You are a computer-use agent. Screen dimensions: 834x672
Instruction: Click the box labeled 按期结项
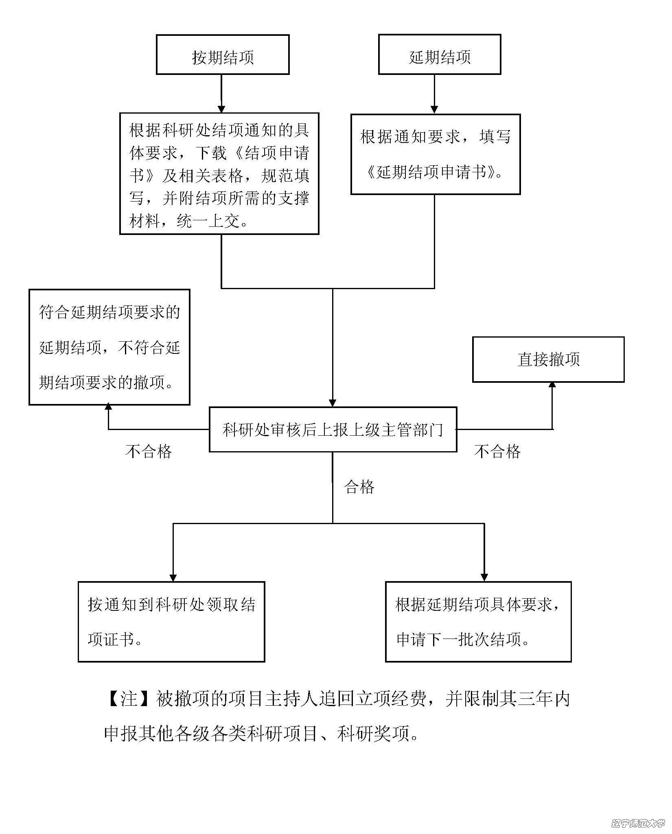(223, 55)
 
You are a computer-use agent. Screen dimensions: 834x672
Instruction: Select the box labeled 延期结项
(439, 55)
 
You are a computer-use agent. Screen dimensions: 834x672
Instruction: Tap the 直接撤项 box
(548, 359)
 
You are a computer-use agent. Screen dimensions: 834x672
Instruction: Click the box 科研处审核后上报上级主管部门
(333, 429)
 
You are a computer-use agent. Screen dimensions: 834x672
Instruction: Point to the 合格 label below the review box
(359, 487)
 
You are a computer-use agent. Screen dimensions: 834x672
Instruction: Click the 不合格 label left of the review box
(149, 451)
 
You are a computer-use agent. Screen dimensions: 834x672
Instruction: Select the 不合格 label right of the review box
(497, 451)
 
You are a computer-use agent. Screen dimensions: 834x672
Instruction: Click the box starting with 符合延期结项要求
(109, 347)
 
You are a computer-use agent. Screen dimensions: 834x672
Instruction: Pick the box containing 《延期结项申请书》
(435, 154)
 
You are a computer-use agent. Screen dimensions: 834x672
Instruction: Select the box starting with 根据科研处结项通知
(219, 174)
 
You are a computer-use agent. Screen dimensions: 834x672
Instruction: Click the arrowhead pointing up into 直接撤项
(552, 385)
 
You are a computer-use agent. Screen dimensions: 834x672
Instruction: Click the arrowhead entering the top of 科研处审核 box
(333, 403)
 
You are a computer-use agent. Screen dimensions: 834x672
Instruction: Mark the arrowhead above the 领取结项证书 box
(173, 577)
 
